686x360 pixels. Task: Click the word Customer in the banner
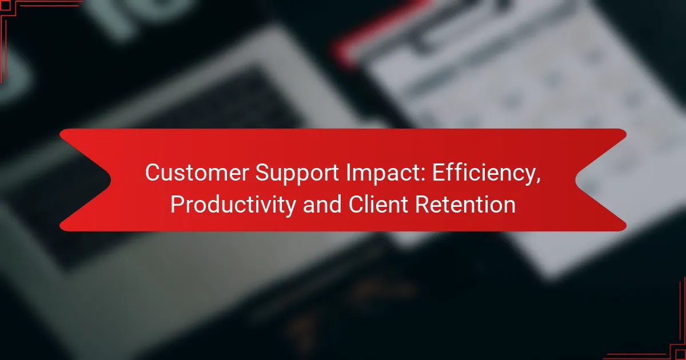click(x=197, y=173)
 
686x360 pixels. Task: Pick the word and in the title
click(x=322, y=204)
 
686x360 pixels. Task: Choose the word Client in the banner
click(x=378, y=204)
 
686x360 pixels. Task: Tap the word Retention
click(x=465, y=204)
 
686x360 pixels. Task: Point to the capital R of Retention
click(x=423, y=204)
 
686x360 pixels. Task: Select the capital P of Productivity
click(x=178, y=204)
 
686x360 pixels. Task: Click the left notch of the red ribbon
click(x=110, y=180)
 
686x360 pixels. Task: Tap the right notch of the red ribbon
click(x=576, y=180)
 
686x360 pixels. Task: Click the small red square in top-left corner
click(x=5, y=5)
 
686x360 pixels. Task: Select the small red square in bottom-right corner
click(x=680, y=355)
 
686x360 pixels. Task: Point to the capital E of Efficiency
click(x=438, y=173)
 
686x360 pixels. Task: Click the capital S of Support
click(x=263, y=173)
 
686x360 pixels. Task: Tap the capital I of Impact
click(x=349, y=173)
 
